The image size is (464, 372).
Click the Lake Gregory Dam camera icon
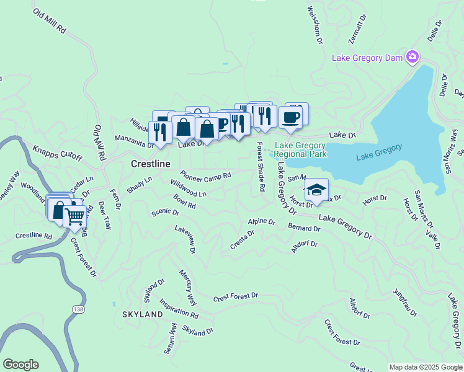(412, 58)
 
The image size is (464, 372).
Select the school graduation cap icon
(316, 190)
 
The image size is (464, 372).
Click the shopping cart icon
(74, 217)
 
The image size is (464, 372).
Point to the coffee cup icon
(290, 117)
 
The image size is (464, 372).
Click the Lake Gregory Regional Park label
(300, 149)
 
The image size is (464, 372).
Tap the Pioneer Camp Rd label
(205, 176)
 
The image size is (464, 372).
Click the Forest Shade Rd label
(261, 166)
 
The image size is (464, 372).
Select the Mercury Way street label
(188, 287)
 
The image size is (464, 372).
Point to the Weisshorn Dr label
(315, 25)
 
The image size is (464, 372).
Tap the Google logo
(20, 365)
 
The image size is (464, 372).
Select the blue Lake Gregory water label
(379, 152)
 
